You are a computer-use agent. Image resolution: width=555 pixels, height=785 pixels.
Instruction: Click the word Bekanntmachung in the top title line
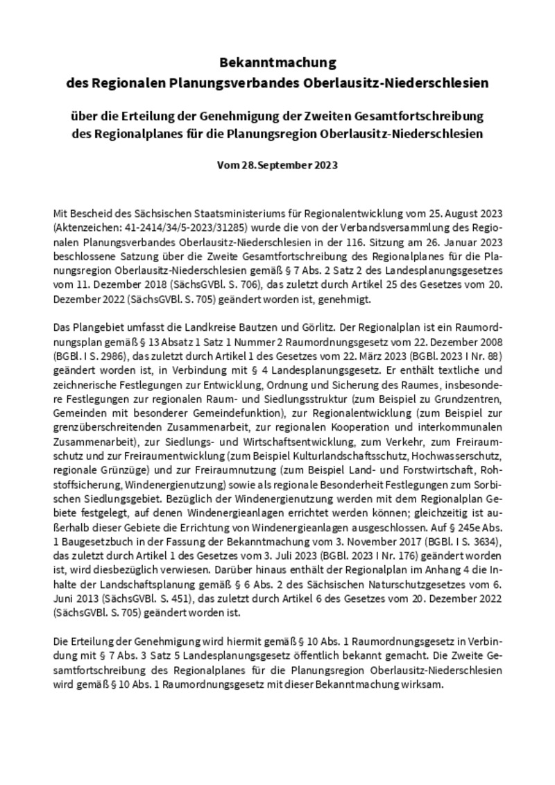click(x=277, y=63)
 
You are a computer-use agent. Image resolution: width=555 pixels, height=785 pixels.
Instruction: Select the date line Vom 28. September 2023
click(x=277, y=166)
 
